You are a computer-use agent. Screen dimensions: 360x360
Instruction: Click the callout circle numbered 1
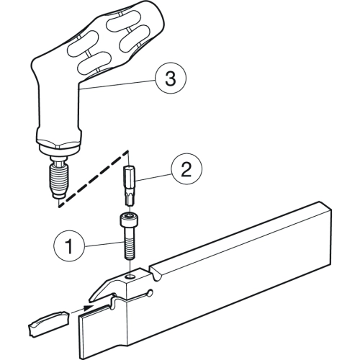click(x=69, y=246)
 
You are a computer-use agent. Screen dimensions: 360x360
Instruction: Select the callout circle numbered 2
click(x=186, y=168)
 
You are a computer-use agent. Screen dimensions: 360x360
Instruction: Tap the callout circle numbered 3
click(x=171, y=78)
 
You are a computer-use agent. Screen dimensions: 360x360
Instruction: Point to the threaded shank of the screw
click(x=130, y=243)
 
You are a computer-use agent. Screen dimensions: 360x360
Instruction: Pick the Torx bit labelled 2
click(x=130, y=186)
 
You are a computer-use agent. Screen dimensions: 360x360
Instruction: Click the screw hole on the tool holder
click(x=130, y=277)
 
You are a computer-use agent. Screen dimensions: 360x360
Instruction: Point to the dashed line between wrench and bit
click(x=93, y=179)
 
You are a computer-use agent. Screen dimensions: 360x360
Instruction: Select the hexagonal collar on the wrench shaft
click(x=59, y=140)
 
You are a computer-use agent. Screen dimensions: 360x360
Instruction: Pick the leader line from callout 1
click(x=104, y=245)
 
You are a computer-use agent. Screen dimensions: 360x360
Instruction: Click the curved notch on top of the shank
click(x=155, y=274)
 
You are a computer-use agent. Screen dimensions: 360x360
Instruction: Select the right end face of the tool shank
click(x=326, y=235)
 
